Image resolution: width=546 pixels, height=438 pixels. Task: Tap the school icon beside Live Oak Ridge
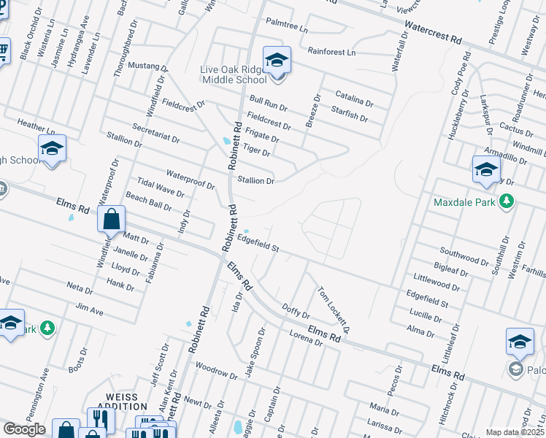pos(277,60)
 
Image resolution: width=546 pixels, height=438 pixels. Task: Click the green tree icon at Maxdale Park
pos(505,202)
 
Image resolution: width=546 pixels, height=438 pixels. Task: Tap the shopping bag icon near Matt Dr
pos(110,218)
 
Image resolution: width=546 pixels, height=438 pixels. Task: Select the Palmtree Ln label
pos(288,26)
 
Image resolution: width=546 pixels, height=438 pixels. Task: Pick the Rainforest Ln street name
pos(331,53)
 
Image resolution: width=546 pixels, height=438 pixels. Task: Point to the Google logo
pos(24,429)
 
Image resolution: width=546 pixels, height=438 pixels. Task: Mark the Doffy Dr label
pos(296,313)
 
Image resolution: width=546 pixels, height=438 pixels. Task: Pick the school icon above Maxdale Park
pos(485,170)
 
